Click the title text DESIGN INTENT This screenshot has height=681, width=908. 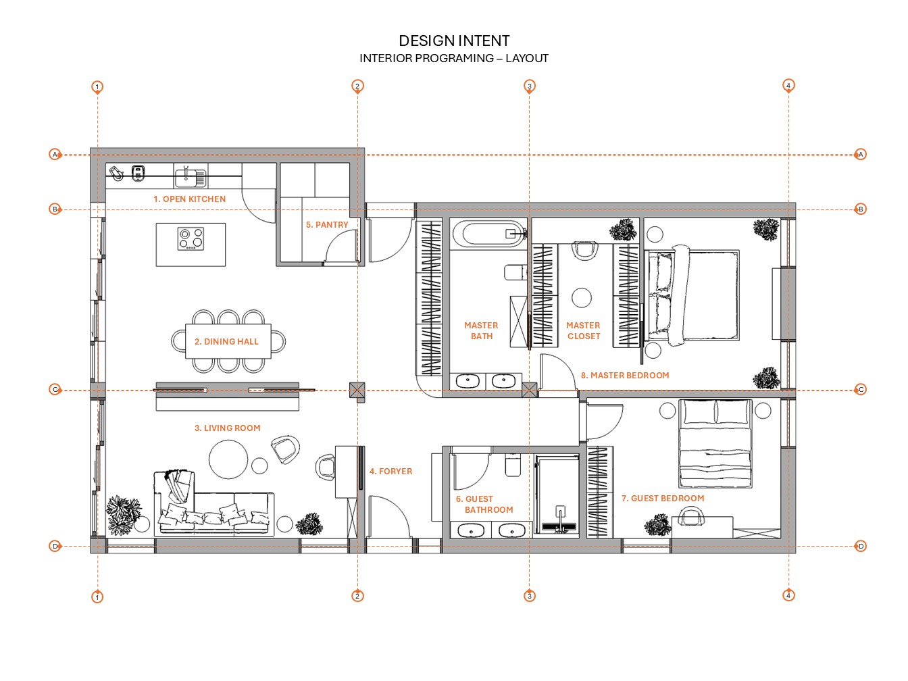point(454,41)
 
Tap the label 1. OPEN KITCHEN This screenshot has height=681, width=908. point(189,199)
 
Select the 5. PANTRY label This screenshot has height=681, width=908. point(327,225)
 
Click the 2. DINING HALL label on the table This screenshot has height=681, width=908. point(226,342)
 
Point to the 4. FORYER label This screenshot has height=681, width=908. point(390,472)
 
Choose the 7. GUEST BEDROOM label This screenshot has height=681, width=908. point(663,499)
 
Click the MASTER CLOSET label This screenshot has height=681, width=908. point(583,331)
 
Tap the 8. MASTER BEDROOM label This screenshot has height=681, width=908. point(625,376)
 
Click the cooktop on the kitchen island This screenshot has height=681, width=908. point(191,238)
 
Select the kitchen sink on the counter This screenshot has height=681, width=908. point(190,177)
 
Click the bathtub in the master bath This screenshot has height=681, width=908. point(488,234)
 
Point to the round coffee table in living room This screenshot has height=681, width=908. point(228,459)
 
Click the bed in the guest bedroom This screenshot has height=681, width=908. point(715,443)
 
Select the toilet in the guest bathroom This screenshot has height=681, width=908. point(513,465)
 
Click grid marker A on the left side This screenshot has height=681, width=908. point(55,155)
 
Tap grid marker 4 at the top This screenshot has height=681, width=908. point(788,85)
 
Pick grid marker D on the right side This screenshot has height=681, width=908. point(860,546)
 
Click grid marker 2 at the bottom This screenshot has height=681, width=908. point(357,596)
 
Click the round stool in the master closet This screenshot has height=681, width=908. point(582,297)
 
